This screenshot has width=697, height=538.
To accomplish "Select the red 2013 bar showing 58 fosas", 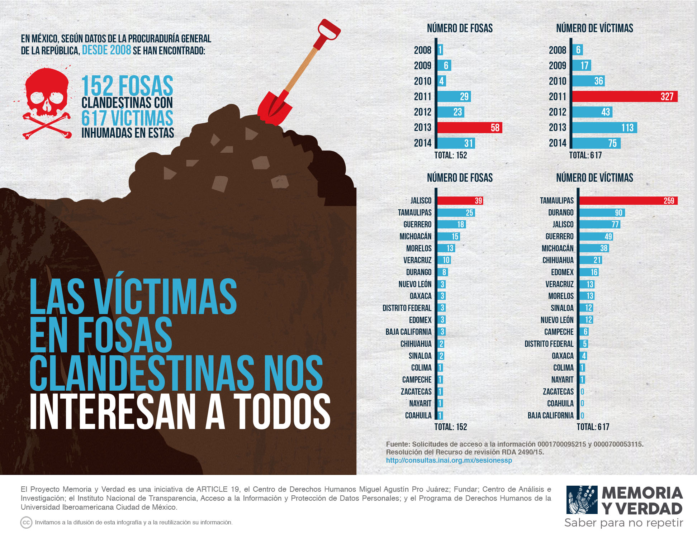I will tap(469, 128).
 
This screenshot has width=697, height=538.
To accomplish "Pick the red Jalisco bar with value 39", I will tap(460, 201).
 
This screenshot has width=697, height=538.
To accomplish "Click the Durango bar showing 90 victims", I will tap(602, 213).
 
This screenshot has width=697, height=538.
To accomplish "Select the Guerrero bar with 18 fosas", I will tap(451, 224).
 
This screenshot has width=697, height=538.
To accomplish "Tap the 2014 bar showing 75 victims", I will tap(596, 143).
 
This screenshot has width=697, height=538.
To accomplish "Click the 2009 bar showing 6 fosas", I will tap(444, 66).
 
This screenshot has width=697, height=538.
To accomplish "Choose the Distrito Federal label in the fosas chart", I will tap(407, 308).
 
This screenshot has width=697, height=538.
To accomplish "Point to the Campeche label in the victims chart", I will tap(559, 332).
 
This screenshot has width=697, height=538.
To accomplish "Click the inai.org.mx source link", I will tap(449, 461).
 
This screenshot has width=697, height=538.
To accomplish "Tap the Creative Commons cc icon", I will tap(26, 523).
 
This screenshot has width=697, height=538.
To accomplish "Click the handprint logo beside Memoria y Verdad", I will tap(582, 500).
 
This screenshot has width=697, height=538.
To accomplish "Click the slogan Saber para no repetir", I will tap(623, 523).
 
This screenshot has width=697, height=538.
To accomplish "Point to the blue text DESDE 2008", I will tap(106, 50).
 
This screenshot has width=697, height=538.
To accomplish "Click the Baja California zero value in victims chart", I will tap(582, 415).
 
